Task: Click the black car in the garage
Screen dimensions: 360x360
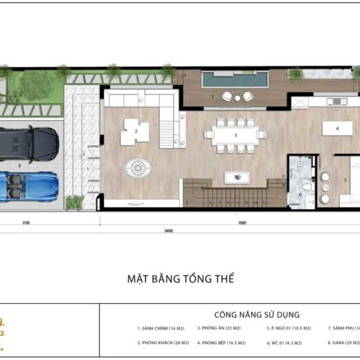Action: pos(28,143)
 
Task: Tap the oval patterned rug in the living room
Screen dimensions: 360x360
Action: pos(138,167)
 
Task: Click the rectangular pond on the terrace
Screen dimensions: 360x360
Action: pos(234,80)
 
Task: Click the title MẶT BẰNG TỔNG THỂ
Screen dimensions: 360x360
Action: pos(181,279)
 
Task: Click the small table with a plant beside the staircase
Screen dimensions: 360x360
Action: pos(237,177)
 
